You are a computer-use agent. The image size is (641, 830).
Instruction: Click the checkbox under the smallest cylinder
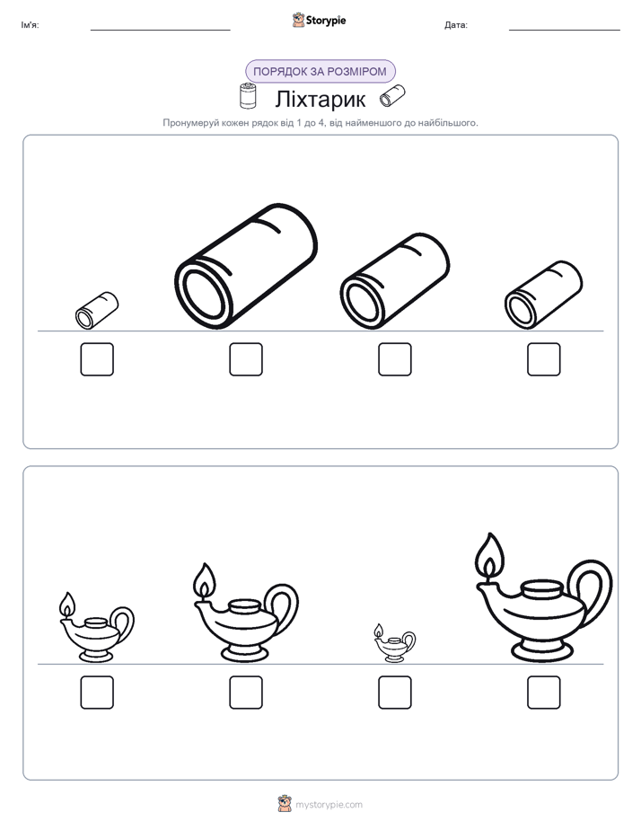97,359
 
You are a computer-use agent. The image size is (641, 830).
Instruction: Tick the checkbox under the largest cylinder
246,359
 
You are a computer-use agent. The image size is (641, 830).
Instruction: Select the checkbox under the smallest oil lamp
394,693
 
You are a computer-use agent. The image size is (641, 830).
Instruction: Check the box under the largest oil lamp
544,693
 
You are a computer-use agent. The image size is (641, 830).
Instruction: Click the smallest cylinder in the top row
97,310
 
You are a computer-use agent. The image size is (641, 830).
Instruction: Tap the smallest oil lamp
394,643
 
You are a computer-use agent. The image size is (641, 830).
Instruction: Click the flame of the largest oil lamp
490,557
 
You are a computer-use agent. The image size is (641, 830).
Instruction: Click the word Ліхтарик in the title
320,99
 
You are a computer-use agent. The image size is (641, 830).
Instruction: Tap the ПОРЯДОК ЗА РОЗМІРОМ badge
320,72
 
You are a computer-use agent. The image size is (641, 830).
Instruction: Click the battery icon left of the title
248,96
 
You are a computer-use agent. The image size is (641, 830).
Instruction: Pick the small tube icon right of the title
392,96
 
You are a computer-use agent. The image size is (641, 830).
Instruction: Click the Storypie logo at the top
320,20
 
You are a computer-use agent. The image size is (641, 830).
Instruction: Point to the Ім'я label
30,25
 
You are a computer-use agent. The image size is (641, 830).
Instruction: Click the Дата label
456,25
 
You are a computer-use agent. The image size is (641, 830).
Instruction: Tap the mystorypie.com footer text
329,805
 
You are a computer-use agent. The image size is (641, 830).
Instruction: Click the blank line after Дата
565,30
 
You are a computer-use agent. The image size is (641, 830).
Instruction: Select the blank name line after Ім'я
160,30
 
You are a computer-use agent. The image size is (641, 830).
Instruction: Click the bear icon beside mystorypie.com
285,804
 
